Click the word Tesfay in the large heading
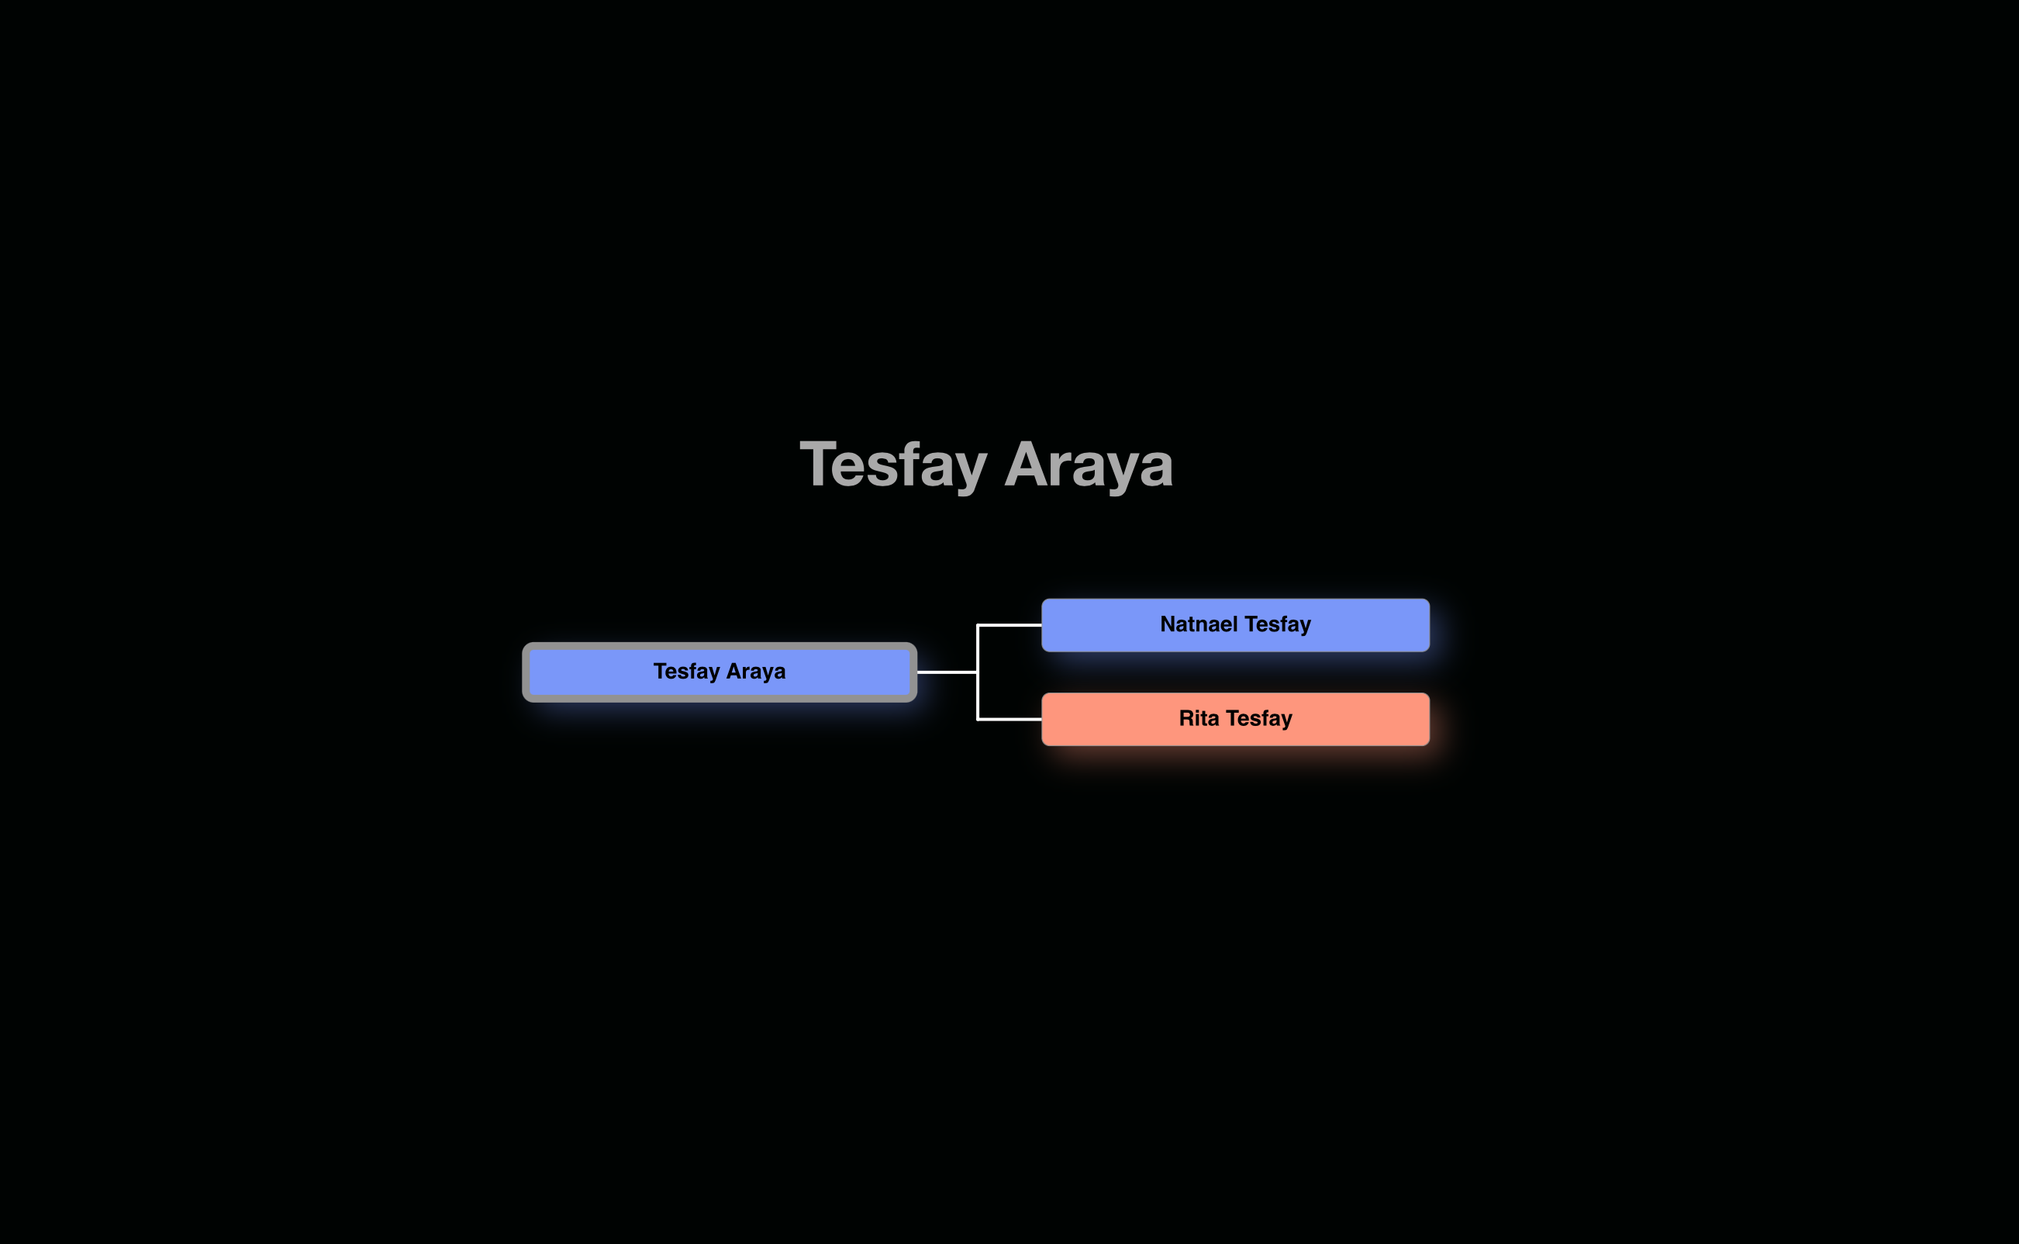[x=893, y=465]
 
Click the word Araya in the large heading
[x=1088, y=465]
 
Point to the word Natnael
[x=1198, y=624]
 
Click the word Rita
[x=1198, y=718]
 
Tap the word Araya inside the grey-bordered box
[x=755, y=672]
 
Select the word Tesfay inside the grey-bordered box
[x=686, y=672]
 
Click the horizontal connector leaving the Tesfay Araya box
[x=946, y=672]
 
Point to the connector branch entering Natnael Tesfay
[x=1010, y=625]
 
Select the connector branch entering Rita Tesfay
[x=1010, y=719]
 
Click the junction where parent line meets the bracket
[x=978, y=672]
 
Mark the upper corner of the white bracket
[x=978, y=625]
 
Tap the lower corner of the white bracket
[x=978, y=719]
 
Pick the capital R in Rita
[x=1187, y=718]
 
